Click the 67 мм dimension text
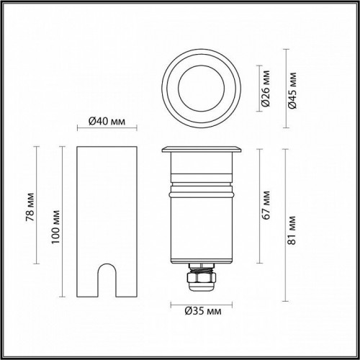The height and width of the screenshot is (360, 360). pyautogui.click(x=267, y=206)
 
